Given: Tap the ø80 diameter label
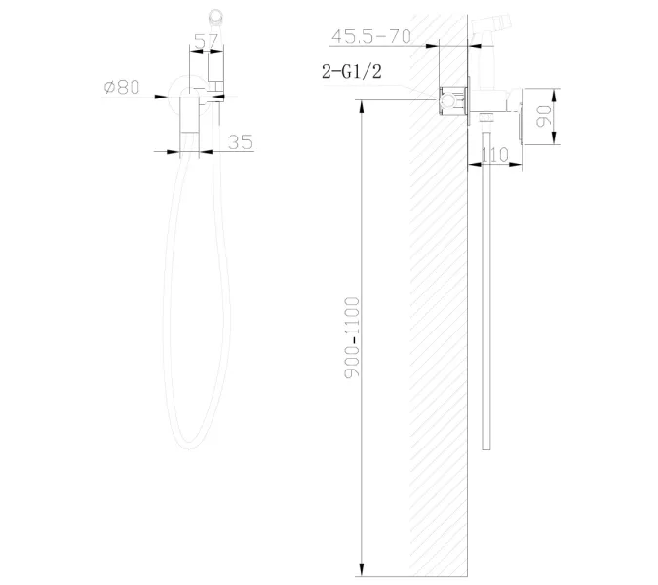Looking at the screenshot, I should point(122,87).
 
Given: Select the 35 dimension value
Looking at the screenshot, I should point(240,141).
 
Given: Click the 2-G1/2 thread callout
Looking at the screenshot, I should point(353,71).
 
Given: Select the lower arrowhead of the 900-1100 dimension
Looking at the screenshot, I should point(362,569).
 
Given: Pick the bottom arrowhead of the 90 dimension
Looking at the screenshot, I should point(554,146).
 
